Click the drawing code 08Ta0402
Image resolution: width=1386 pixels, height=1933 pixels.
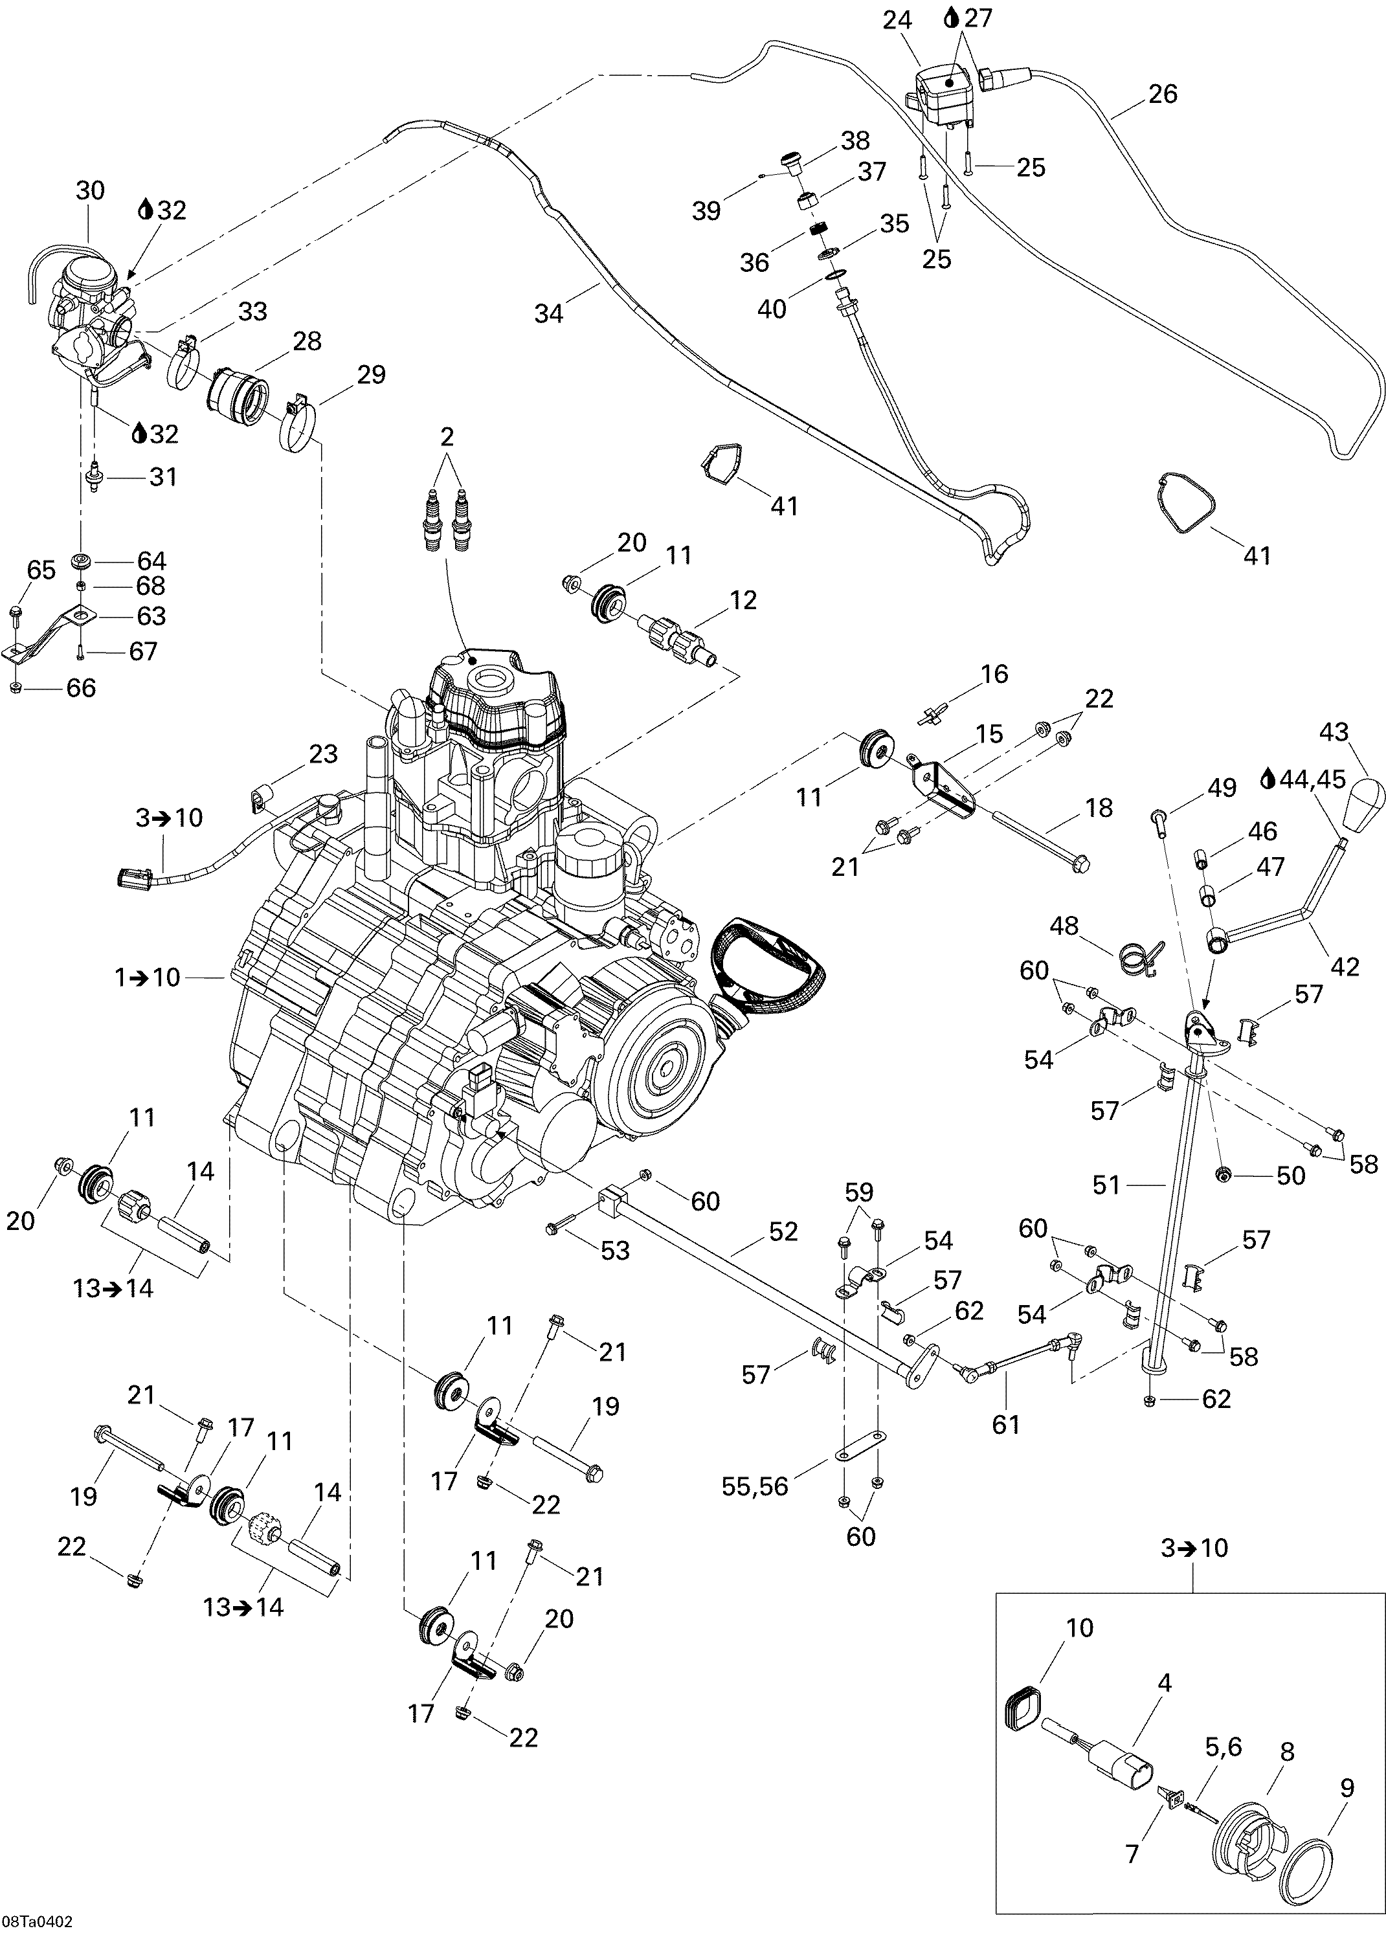[x=37, y=1922]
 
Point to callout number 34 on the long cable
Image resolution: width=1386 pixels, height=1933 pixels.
[x=549, y=314]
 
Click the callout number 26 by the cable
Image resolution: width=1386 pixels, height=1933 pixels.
[x=1163, y=94]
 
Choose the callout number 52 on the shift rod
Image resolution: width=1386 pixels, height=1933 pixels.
[x=783, y=1231]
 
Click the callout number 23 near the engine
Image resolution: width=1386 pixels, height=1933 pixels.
[x=323, y=754]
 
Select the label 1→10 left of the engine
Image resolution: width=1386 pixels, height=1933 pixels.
[x=148, y=977]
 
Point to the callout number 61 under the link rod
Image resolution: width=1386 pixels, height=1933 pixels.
[x=1006, y=1424]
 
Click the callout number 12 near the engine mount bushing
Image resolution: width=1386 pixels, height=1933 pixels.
[x=743, y=600]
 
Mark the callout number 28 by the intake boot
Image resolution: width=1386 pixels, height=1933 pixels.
[x=307, y=341]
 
